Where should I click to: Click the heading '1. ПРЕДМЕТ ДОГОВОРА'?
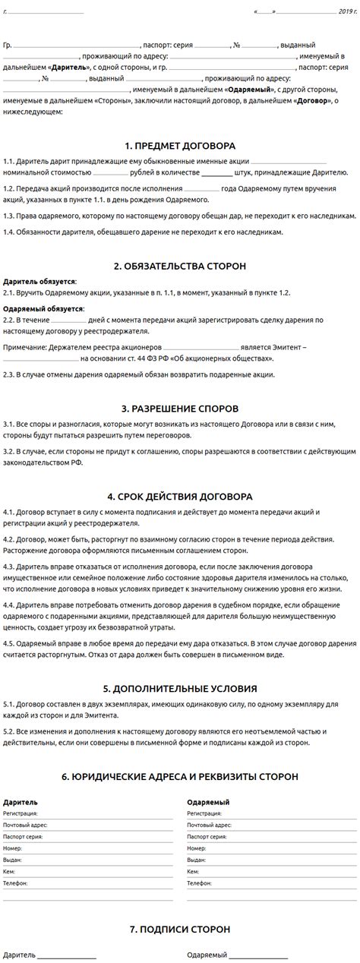(180, 145)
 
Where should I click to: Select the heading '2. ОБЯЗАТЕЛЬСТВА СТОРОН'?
(180, 266)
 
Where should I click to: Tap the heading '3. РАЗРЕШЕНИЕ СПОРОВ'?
(180, 408)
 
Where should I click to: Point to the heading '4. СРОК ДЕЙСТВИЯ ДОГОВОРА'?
(180, 497)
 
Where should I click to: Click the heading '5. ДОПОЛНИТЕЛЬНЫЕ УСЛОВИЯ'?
(180, 689)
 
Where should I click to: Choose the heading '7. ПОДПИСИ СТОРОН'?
(180, 929)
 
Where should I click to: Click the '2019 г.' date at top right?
(348, 12)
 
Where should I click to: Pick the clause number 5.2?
(9, 731)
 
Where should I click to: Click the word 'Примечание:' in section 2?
(24, 347)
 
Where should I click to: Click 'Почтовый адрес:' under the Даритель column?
(24, 824)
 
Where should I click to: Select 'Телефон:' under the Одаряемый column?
(199, 883)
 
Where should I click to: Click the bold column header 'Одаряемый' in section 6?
(208, 802)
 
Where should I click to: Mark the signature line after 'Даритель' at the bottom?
(67, 953)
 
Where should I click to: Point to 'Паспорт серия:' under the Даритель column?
(23, 836)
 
